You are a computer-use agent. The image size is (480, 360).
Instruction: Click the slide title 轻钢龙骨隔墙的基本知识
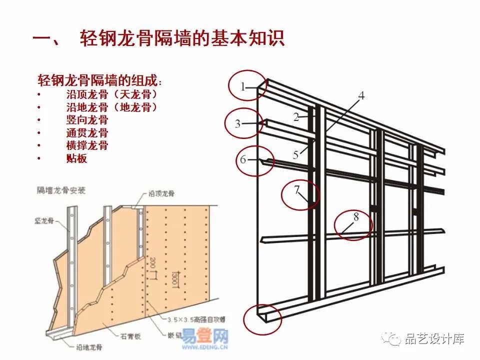click(x=182, y=38)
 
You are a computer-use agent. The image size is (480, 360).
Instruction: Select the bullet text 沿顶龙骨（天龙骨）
click(x=112, y=94)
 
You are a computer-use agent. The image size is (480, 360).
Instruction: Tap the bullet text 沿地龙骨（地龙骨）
click(x=112, y=107)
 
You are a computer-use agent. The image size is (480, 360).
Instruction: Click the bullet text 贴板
click(x=76, y=159)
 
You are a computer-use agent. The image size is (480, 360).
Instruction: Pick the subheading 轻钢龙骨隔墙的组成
click(x=99, y=80)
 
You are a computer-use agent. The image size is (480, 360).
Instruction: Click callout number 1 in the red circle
click(x=243, y=87)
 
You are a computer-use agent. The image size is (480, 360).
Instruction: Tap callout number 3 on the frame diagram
click(x=238, y=124)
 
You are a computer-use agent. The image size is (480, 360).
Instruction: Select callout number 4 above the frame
click(x=361, y=95)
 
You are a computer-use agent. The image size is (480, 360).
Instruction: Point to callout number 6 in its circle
click(x=243, y=160)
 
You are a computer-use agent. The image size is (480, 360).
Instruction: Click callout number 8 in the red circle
click(x=355, y=217)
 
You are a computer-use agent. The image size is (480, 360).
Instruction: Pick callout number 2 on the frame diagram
click(x=296, y=117)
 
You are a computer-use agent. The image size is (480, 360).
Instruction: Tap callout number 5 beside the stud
click(x=296, y=154)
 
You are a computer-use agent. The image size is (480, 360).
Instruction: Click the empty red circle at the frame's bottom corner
click(x=262, y=318)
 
